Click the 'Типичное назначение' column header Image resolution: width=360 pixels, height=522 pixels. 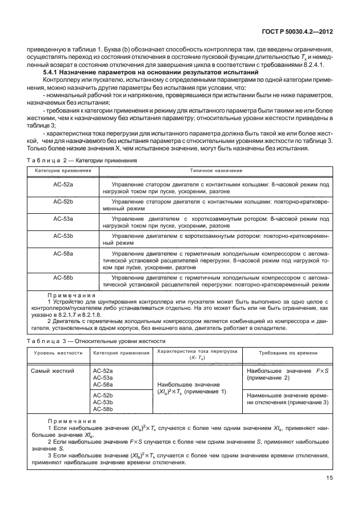pos(216,171)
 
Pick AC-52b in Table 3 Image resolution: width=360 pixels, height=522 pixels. pos(103,395)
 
